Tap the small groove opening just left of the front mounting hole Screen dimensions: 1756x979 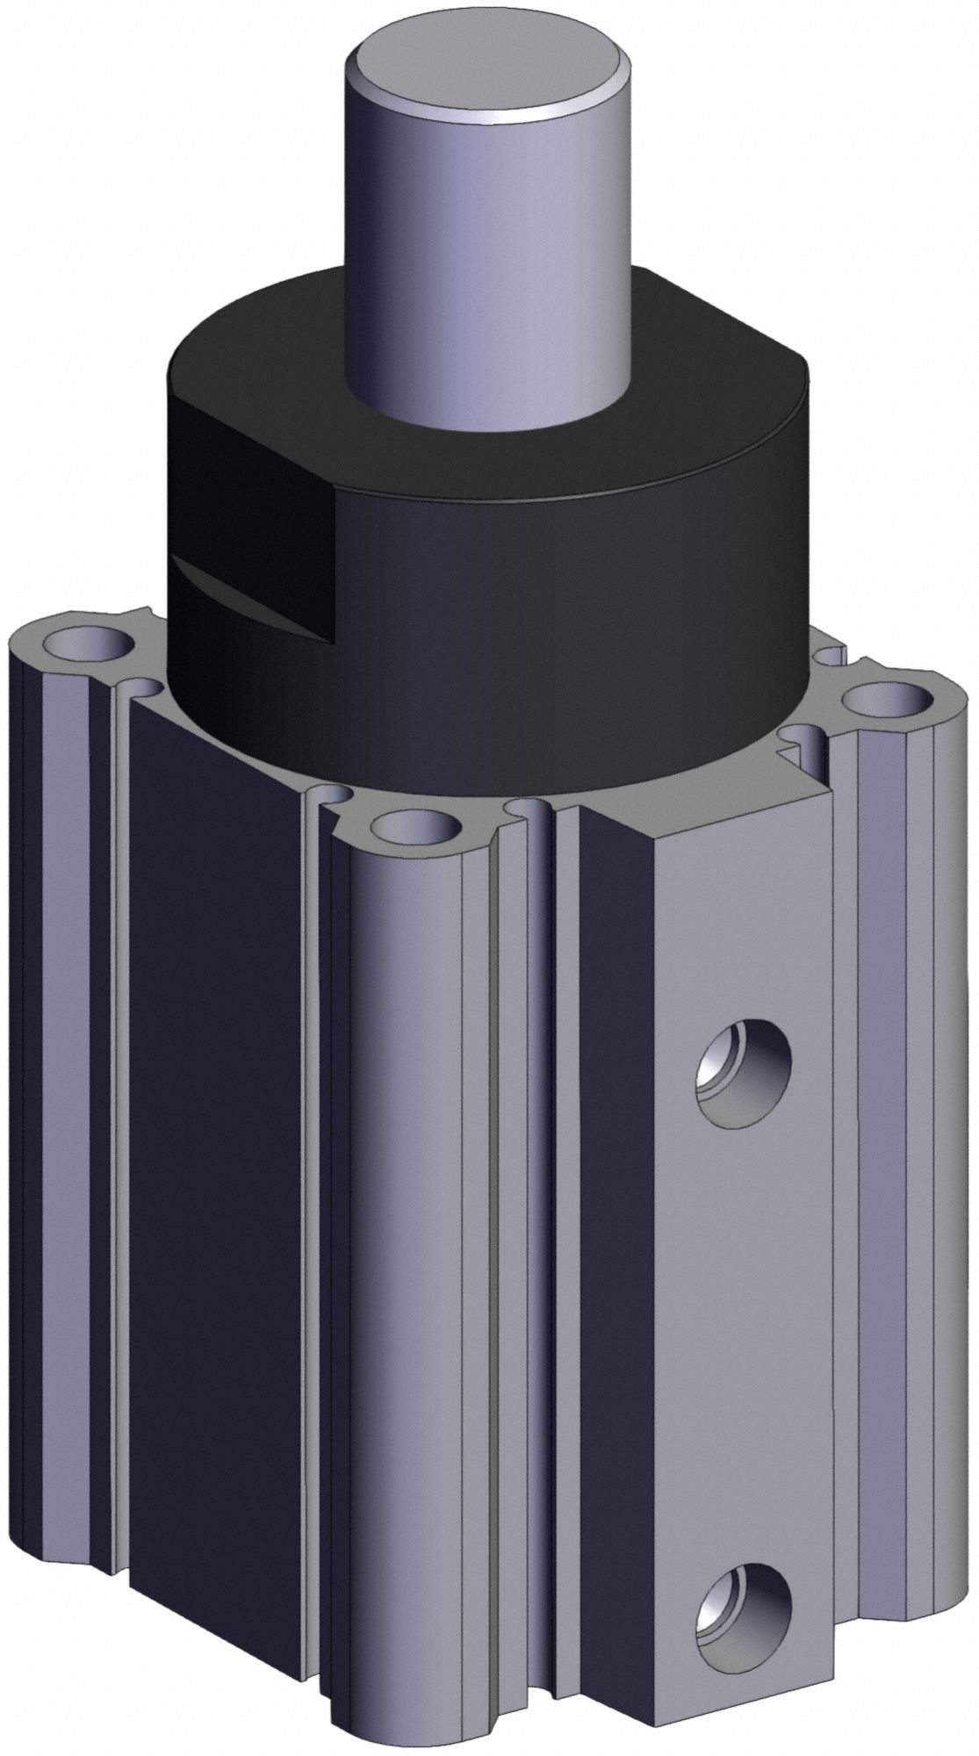tap(338, 795)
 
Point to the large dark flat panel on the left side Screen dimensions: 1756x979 tap(220, 1229)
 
